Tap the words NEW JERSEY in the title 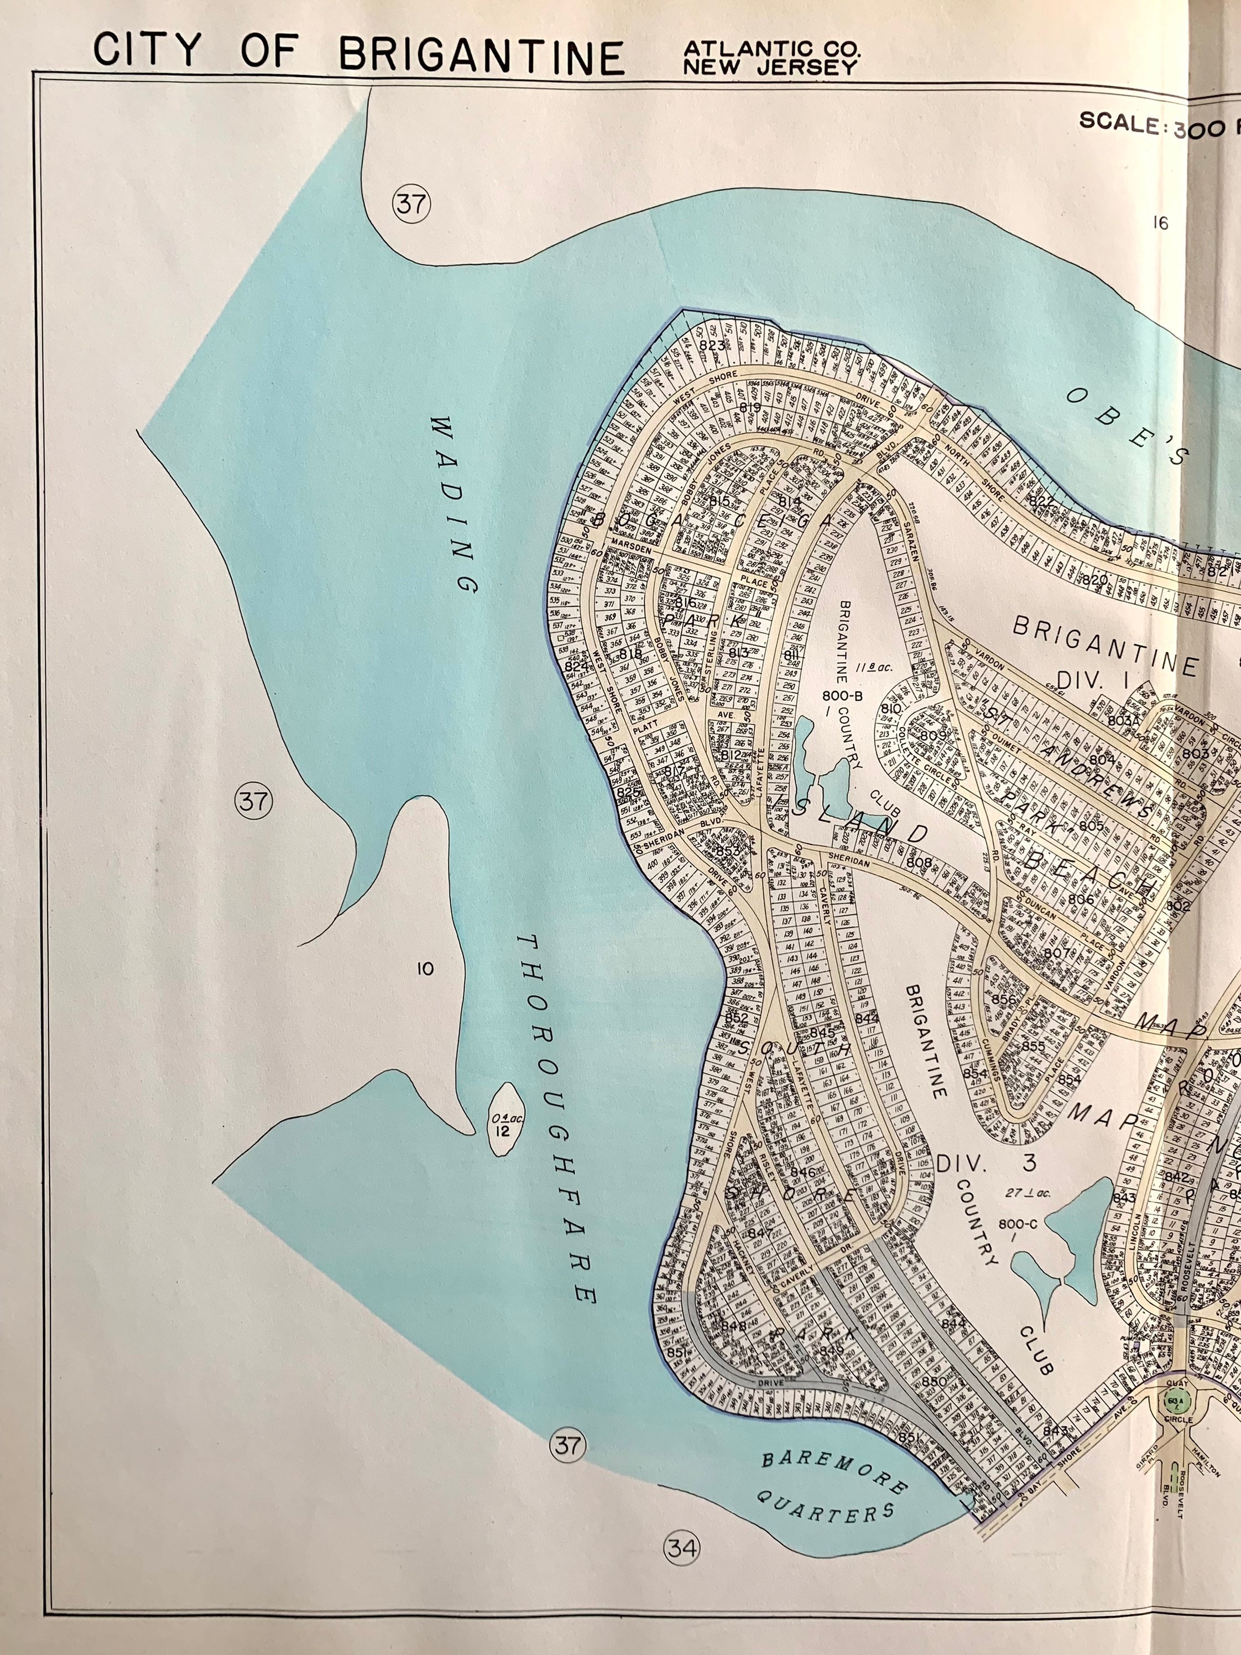point(770,67)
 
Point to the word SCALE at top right point(1122,123)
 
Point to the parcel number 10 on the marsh point(425,970)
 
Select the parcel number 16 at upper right point(1160,222)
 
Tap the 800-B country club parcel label point(843,696)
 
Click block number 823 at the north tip point(713,345)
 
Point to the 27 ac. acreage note point(1027,1193)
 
